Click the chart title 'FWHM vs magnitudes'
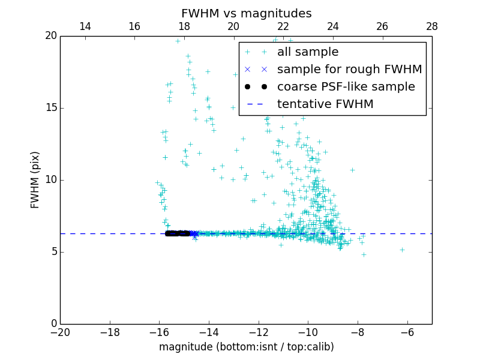[246, 13]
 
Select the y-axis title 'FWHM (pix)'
[35, 179]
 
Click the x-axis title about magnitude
[246, 347]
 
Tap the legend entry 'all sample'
[307, 52]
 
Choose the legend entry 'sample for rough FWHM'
[349, 70]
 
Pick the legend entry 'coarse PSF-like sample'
[346, 87]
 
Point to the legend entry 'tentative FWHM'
[325, 104]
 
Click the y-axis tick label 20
[50, 36]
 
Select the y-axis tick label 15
[50, 108]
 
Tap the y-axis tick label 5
[53, 252]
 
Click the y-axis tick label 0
[53, 324]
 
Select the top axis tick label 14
[85, 26]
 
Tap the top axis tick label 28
[431, 26]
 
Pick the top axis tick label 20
[233, 26]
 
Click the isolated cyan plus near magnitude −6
[402, 250]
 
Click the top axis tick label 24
[332, 26]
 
